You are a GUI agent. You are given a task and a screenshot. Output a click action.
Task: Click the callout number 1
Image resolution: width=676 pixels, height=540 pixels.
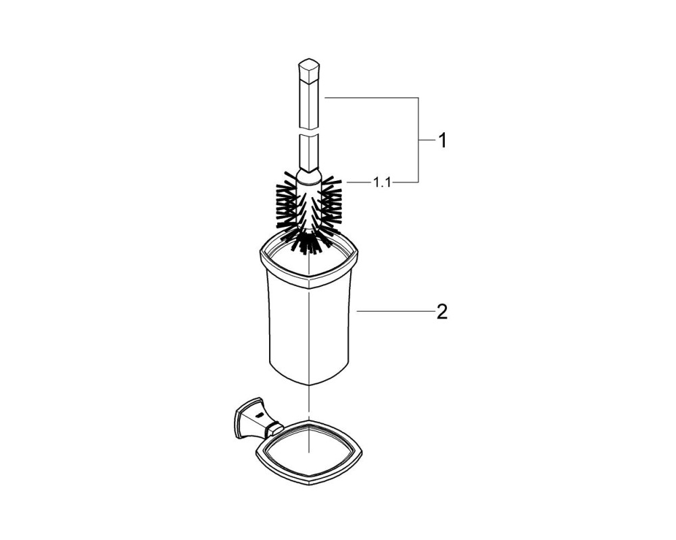coord(442,141)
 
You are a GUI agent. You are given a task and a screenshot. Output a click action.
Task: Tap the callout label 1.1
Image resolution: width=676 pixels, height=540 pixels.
coord(382,182)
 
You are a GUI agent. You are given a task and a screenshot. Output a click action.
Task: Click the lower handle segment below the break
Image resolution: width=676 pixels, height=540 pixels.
coord(309,152)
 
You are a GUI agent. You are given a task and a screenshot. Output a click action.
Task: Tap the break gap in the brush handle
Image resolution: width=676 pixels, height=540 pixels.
coord(310,131)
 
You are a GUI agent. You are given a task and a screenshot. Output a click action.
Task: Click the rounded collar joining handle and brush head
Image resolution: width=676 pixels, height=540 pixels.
coord(309,177)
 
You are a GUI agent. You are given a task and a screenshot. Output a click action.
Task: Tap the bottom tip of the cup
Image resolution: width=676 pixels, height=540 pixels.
coord(310,383)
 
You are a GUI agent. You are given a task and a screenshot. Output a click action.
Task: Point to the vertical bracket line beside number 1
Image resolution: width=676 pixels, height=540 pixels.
coord(418,140)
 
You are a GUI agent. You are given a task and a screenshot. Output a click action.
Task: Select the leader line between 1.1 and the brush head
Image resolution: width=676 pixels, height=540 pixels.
coord(358,182)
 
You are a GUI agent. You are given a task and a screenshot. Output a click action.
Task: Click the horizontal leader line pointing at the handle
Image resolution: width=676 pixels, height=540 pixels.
coord(370,98)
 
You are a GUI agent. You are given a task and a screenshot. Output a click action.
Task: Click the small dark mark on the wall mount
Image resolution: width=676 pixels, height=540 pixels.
coord(259,415)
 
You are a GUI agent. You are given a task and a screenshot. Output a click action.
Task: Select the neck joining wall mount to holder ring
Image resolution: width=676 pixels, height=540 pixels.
coord(273,429)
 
